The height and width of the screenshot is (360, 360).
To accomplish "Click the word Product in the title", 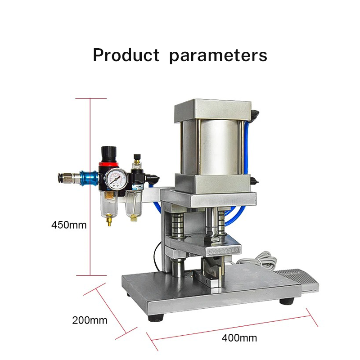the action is point(126,55).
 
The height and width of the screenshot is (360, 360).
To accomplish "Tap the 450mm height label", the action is point(69,225).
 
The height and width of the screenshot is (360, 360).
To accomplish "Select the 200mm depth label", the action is point(90,320).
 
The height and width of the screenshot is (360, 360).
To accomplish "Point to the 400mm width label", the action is point(239,338).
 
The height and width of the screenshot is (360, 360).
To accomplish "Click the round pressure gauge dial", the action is point(117,179).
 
